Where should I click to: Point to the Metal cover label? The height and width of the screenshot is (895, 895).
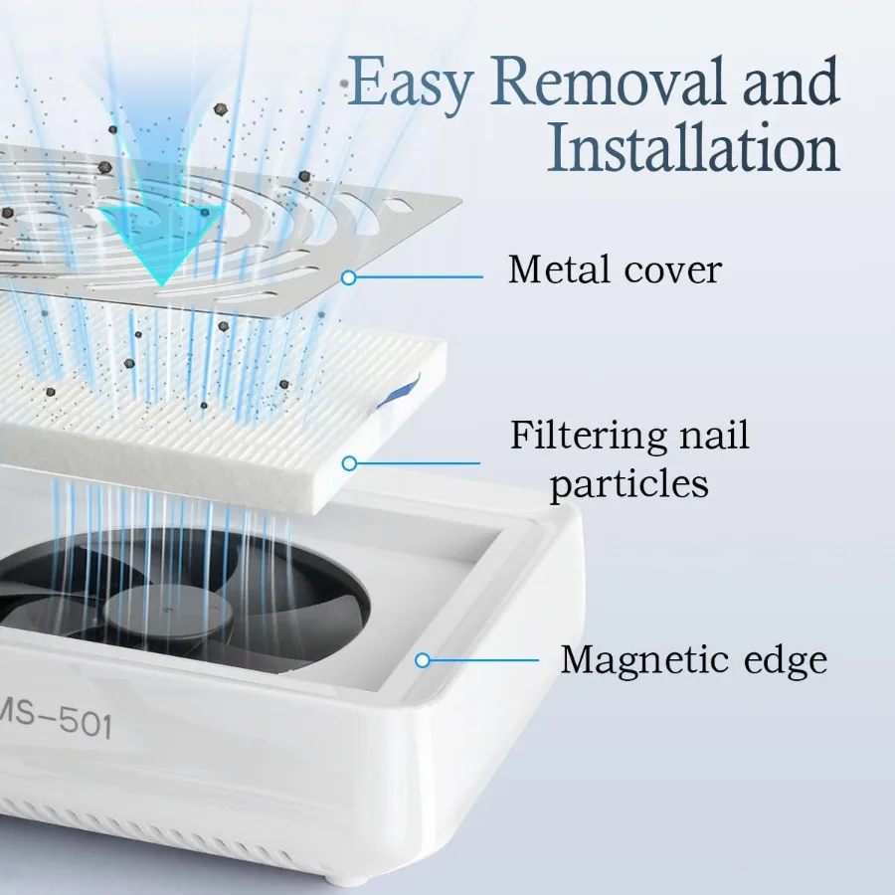(615, 268)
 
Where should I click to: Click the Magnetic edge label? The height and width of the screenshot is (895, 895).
(693, 659)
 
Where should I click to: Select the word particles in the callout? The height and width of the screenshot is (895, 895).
(628, 483)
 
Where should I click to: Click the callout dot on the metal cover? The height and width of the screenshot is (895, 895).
(348, 278)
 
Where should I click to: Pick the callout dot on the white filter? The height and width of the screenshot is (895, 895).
(348, 462)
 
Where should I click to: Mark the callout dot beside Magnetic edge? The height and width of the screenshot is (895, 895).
(423, 659)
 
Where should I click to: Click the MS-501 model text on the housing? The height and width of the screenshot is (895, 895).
(60, 723)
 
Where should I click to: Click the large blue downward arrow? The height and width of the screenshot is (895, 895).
(159, 239)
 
